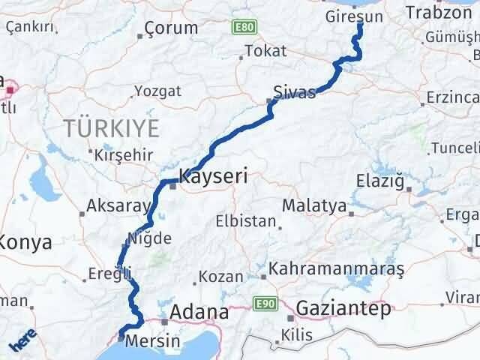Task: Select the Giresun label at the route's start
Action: pos(356,14)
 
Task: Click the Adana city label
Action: pos(199,311)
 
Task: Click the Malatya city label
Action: pos(314,205)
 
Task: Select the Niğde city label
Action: pos(150,238)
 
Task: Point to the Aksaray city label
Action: pos(113,205)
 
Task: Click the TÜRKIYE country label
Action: pos(112,128)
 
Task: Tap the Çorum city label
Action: pos(171,28)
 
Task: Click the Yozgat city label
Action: pos(157,91)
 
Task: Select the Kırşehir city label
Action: pos(124,155)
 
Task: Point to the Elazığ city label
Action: pos(383,181)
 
